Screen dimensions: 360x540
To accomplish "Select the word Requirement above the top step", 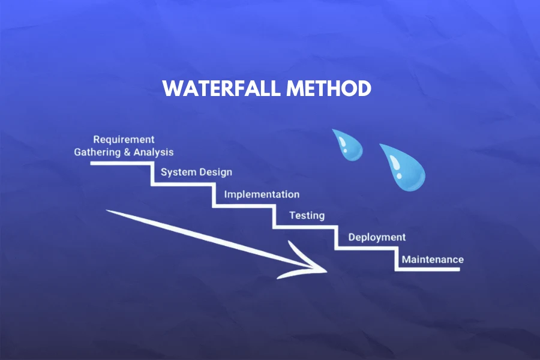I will pyautogui.click(x=124, y=140).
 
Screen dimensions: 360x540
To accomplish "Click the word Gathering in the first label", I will pyautogui.click(x=97, y=152).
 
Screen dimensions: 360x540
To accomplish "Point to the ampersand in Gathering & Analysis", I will pyautogui.click(x=127, y=152).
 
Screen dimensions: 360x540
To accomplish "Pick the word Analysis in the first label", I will pyautogui.click(x=153, y=152).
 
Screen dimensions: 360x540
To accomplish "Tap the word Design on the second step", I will pyautogui.click(x=214, y=172).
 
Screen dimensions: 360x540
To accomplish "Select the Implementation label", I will pyautogui.click(x=262, y=194).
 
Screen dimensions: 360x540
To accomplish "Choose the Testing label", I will pyautogui.click(x=307, y=215).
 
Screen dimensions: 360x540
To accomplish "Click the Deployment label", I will pyautogui.click(x=377, y=237).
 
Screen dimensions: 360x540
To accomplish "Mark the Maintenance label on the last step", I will pyautogui.click(x=433, y=260).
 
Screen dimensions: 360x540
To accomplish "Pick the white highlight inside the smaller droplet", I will pyautogui.click(x=343, y=143).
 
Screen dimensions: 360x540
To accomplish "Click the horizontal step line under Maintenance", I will pyautogui.click(x=427, y=269).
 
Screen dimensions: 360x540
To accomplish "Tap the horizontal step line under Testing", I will pyautogui.click(x=304, y=227).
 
